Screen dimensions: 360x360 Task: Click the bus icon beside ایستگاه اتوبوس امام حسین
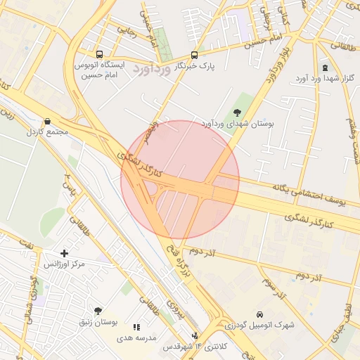point(98,54)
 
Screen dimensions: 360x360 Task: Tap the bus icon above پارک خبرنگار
point(195,55)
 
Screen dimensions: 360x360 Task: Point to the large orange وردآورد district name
point(151,70)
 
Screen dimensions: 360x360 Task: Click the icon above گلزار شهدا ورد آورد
point(325,67)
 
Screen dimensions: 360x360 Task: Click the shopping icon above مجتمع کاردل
point(47,122)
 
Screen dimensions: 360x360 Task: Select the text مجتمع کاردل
point(46,132)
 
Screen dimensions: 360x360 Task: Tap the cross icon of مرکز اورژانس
point(65,253)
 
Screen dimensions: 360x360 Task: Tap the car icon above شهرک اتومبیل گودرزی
point(260,314)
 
